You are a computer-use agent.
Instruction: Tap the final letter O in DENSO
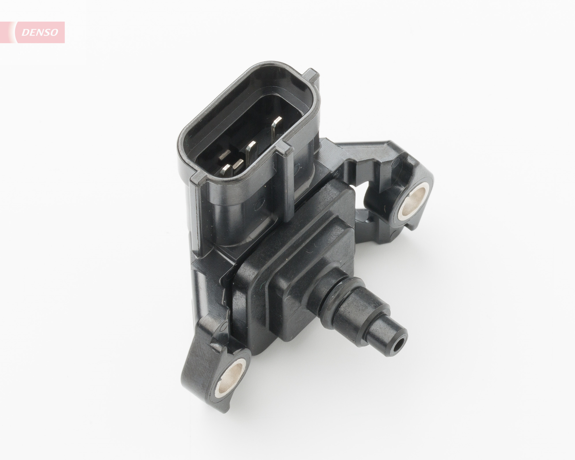point(54,32)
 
